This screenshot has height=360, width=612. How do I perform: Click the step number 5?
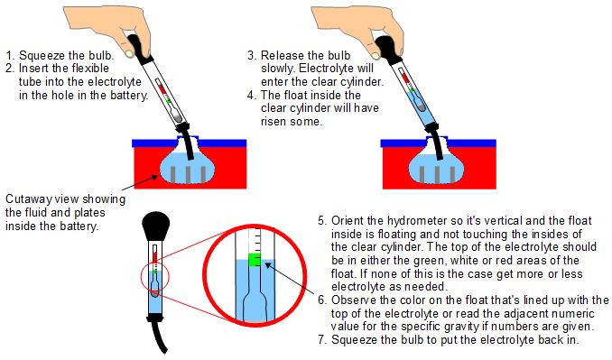(322, 219)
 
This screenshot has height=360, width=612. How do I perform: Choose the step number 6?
(322, 300)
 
